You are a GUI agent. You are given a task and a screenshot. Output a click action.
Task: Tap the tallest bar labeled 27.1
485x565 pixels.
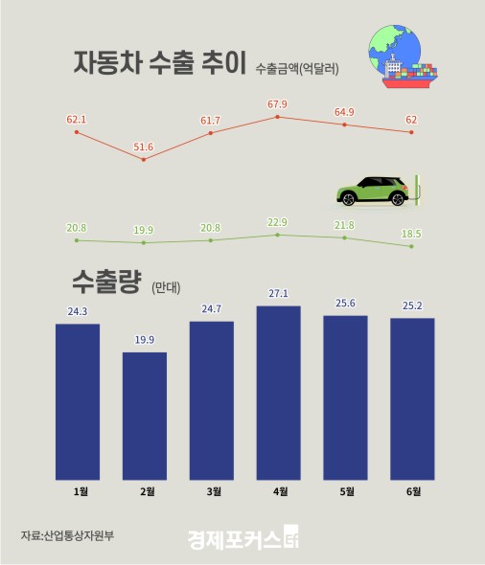click(278, 392)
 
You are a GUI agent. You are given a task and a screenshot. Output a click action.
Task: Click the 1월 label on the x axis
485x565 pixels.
click(79, 492)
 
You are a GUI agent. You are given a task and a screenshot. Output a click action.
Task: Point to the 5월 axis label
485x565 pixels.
click(346, 492)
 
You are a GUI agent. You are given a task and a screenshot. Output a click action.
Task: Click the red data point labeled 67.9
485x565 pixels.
click(278, 117)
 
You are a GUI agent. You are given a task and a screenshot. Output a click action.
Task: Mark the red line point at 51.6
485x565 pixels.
click(144, 159)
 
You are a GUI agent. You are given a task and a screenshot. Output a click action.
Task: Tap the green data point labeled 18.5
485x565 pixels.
click(412, 246)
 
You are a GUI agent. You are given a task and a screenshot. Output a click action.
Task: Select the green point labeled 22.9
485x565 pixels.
click(278, 235)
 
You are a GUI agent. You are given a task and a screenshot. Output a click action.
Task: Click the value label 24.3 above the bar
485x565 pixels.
click(78, 311)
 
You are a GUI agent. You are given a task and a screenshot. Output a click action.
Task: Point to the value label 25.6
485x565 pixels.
click(346, 304)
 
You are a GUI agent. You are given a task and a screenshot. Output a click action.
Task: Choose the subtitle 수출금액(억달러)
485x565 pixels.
click(297, 69)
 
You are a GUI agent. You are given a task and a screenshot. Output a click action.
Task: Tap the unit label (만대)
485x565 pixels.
click(166, 286)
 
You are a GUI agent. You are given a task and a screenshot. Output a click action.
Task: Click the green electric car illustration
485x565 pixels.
click(374, 192)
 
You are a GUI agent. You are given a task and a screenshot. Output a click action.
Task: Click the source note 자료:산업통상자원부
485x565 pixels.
click(60, 534)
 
